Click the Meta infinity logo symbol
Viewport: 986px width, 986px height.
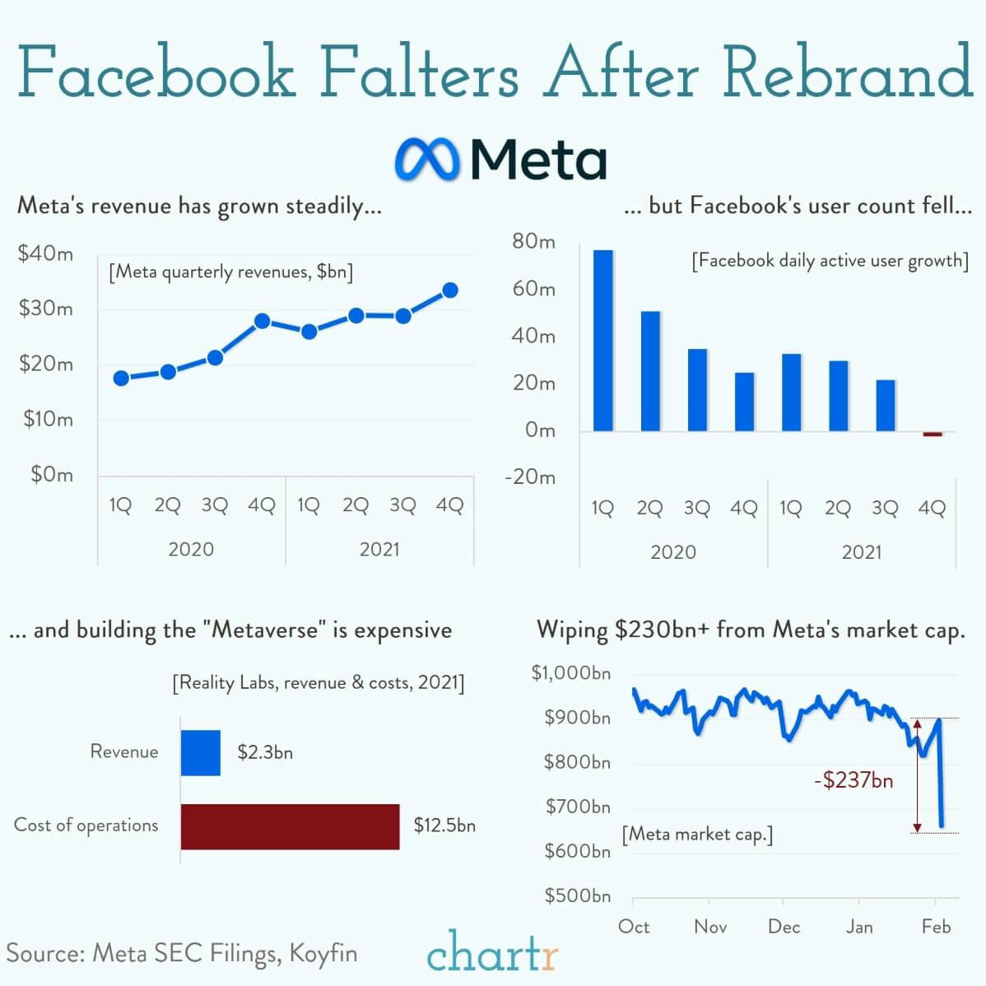pos(426,158)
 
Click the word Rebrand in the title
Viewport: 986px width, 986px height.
pos(848,72)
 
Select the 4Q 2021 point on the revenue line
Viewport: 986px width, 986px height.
pos(449,291)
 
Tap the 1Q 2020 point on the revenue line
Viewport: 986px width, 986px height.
pos(121,378)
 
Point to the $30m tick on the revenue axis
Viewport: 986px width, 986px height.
pos(46,309)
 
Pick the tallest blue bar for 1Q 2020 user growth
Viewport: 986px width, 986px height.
pos(603,340)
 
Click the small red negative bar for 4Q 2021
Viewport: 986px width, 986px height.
pos(933,434)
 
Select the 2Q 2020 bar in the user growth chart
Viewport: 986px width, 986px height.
pos(650,370)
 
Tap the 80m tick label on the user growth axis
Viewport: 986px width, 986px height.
pos(533,241)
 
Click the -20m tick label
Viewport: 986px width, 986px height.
pos(529,477)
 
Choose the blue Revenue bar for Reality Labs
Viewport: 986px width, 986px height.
pos(201,752)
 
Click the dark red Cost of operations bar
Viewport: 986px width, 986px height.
pos(290,826)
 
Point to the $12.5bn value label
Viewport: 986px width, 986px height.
pos(444,825)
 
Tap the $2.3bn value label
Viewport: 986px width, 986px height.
pos(265,752)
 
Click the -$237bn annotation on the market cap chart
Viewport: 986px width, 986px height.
pos(853,779)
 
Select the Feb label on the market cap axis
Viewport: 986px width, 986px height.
pos(936,927)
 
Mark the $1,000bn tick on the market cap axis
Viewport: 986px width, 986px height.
pos(571,673)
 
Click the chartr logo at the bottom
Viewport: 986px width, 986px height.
pos(492,953)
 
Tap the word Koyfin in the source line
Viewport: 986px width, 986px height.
pos(323,953)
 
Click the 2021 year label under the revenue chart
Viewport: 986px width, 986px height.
pos(379,549)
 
